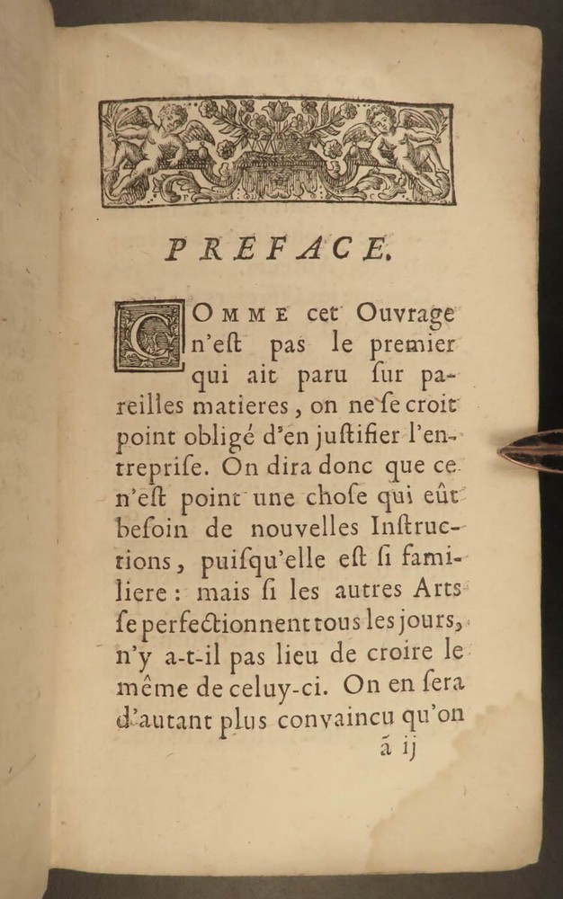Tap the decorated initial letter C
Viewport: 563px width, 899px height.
[x=147, y=335]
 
